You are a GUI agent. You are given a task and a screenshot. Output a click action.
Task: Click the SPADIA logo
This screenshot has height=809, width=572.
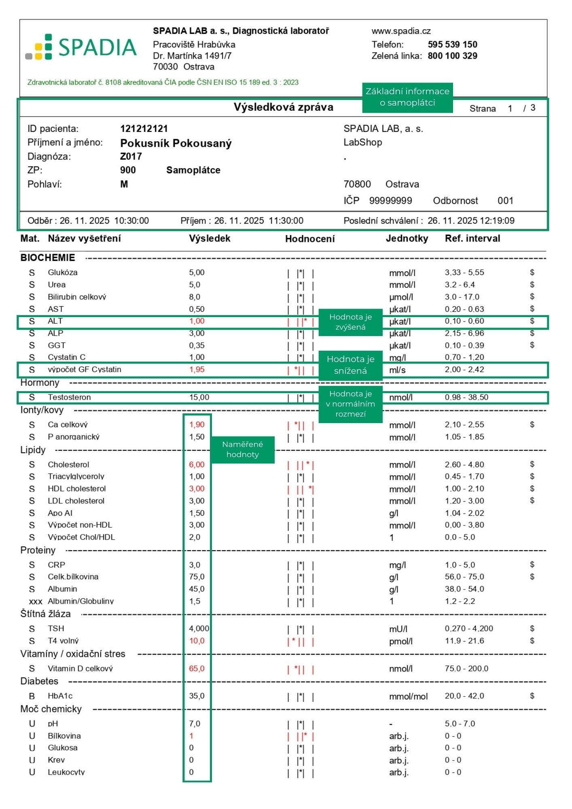(81, 47)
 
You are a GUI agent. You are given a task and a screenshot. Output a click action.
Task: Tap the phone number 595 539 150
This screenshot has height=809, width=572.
(452, 44)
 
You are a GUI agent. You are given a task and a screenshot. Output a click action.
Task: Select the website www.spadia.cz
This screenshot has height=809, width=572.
(401, 31)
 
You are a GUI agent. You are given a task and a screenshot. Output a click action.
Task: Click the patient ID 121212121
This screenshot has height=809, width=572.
(144, 129)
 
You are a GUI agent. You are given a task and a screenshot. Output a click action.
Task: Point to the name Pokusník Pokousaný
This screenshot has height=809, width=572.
(176, 143)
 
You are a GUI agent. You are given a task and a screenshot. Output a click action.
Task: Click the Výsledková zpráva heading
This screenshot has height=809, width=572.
(283, 107)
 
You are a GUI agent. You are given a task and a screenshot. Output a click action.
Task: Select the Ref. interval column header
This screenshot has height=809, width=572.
(472, 238)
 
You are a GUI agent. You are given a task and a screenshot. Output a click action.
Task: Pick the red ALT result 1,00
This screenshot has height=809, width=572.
(197, 321)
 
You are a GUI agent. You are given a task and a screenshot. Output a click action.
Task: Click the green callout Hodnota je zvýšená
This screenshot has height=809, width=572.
(350, 322)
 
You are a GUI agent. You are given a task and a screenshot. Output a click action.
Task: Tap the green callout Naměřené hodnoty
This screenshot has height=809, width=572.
(242, 449)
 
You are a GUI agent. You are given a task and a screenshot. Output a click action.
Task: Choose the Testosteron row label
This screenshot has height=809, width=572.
(69, 397)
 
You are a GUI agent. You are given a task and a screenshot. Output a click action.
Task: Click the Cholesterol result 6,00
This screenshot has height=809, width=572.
(197, 464)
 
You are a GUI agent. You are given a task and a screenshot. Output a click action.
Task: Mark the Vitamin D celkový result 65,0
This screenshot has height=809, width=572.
(197, 668)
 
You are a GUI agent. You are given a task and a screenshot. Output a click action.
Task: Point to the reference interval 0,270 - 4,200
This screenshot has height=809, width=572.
(469, 628)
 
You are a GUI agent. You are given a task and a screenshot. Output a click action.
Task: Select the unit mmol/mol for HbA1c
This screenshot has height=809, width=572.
(408, 696)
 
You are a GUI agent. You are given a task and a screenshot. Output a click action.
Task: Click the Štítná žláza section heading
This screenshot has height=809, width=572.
(45, 614)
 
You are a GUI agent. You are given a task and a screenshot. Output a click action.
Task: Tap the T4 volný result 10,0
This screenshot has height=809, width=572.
(197, 641)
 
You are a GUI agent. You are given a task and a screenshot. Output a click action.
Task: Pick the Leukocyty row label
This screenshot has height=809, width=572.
(66, 772)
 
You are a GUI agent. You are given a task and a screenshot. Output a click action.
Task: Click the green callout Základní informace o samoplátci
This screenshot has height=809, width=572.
(407, 97)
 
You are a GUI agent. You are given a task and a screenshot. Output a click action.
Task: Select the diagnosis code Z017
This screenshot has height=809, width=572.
(131, 157)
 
